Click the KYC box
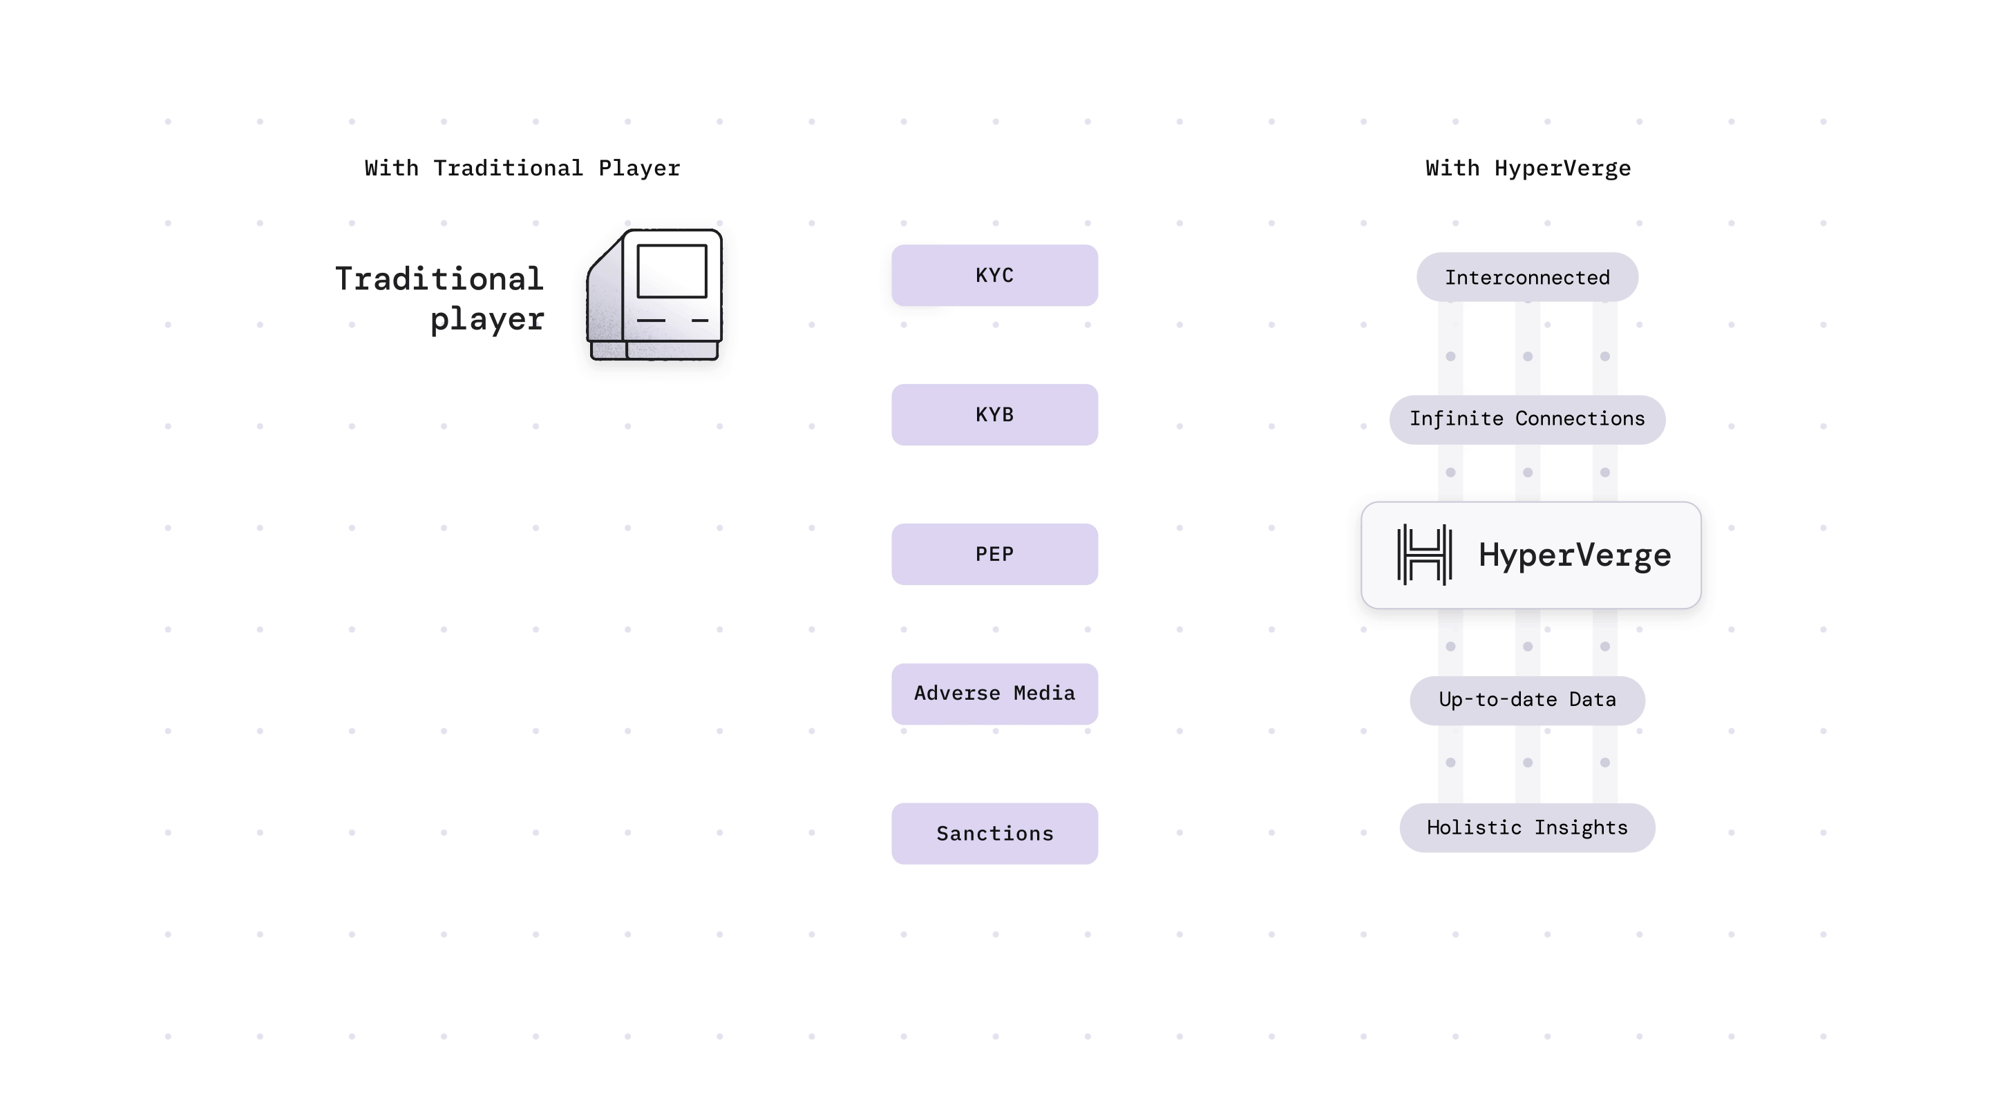pos(994,276)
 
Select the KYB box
pos(994,414)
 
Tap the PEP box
pos(994,555)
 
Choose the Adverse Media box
pos(994,694)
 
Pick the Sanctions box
pos(994,833)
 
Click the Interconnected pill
pos(1526,277)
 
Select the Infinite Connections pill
pos(1526,419)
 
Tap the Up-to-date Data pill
pos(1526,700)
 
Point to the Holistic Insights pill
pos(1526,828)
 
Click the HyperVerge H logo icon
pos(1423,555)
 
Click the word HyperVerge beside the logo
pos(1575,556)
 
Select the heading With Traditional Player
pos(522,169)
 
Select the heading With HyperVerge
pos(1527,169)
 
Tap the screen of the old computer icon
pos(672,271)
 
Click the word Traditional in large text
pos(439,279)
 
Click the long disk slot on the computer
pos(650,320)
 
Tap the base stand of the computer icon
pos(655,352)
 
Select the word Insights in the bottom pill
pos(1580,828)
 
